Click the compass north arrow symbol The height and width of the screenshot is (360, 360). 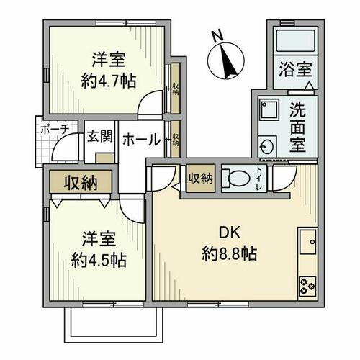pos(230,60)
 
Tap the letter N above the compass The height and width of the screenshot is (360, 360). pos(217,35)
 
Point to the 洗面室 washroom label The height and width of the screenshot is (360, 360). pos(297,127)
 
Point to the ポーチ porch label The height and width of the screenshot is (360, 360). pos(55,130)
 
